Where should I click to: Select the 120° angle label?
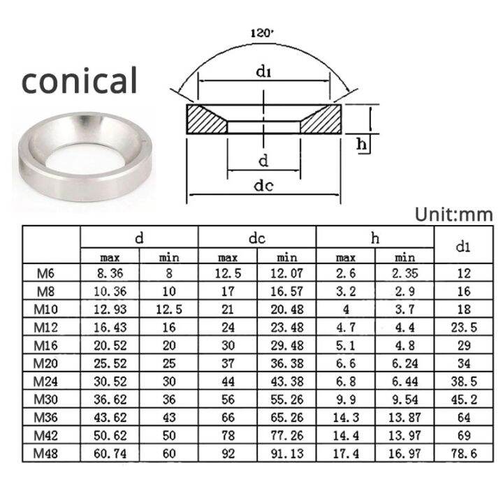point(261,32)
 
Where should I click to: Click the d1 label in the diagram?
point(263,71)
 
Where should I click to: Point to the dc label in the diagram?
point(263,187)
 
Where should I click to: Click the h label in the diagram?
point(362,144)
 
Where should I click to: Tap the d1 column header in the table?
point(462,246)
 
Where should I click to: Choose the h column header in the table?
point(375,238)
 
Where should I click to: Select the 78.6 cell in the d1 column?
point(462,453)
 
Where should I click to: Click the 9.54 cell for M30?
point(404,400)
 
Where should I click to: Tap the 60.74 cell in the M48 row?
point(110,453)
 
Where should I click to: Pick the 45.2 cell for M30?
point(462,400)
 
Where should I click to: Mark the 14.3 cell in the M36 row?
point(346,418)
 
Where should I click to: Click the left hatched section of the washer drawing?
point(207,119)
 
